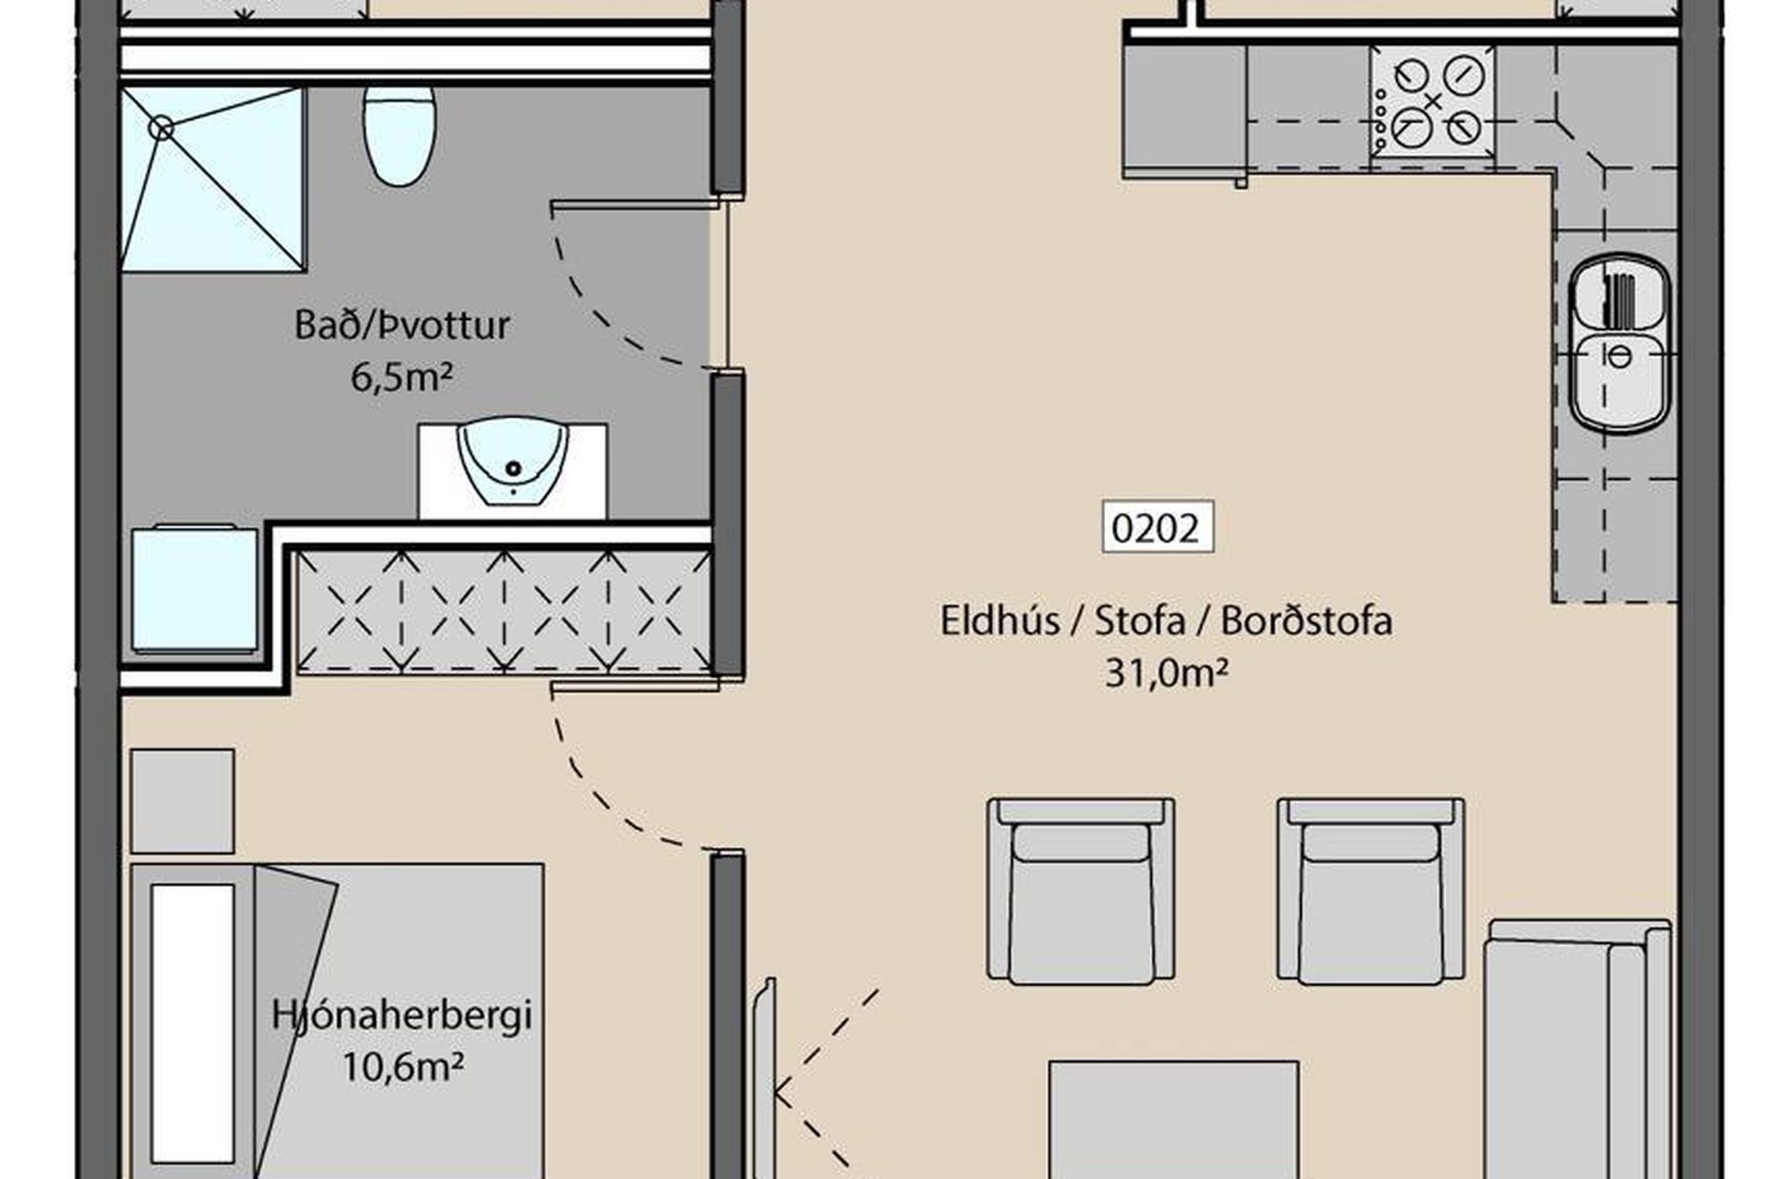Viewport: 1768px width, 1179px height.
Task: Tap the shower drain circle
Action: coord(161,129)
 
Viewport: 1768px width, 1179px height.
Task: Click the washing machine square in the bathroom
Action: coord(194,589)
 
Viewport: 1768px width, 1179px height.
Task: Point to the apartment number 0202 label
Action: coord(1157,528)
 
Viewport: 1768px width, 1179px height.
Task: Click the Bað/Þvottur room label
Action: coord(401,325)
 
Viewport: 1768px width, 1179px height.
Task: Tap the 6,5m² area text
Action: coord(401,377)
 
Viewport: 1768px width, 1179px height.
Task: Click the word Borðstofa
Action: coord(1306,621)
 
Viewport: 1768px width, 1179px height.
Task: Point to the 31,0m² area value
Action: coord(1166,673)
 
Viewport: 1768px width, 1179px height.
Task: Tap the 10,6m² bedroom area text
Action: coord(402,1068)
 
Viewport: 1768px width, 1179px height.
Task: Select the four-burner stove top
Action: coord(1432,103)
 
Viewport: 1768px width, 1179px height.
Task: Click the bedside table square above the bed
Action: coord(182,801)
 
